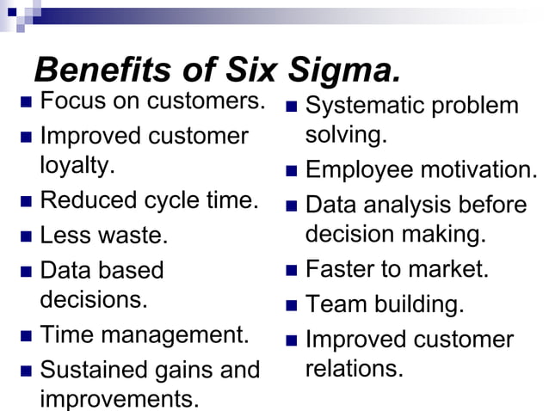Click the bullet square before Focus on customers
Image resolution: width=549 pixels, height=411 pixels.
(25, 101)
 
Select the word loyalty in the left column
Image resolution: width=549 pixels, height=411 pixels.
(76, 165)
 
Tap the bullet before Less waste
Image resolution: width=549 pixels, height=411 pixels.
(25, 236)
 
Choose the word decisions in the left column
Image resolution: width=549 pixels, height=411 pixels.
(92, 300)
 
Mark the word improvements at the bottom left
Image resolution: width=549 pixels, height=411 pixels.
(118, 399)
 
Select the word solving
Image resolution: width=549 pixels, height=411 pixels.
(345, 135)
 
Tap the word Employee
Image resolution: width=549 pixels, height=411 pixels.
(360, 169)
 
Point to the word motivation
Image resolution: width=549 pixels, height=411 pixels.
(478, 169)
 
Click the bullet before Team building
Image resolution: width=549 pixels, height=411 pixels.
(291, 304)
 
